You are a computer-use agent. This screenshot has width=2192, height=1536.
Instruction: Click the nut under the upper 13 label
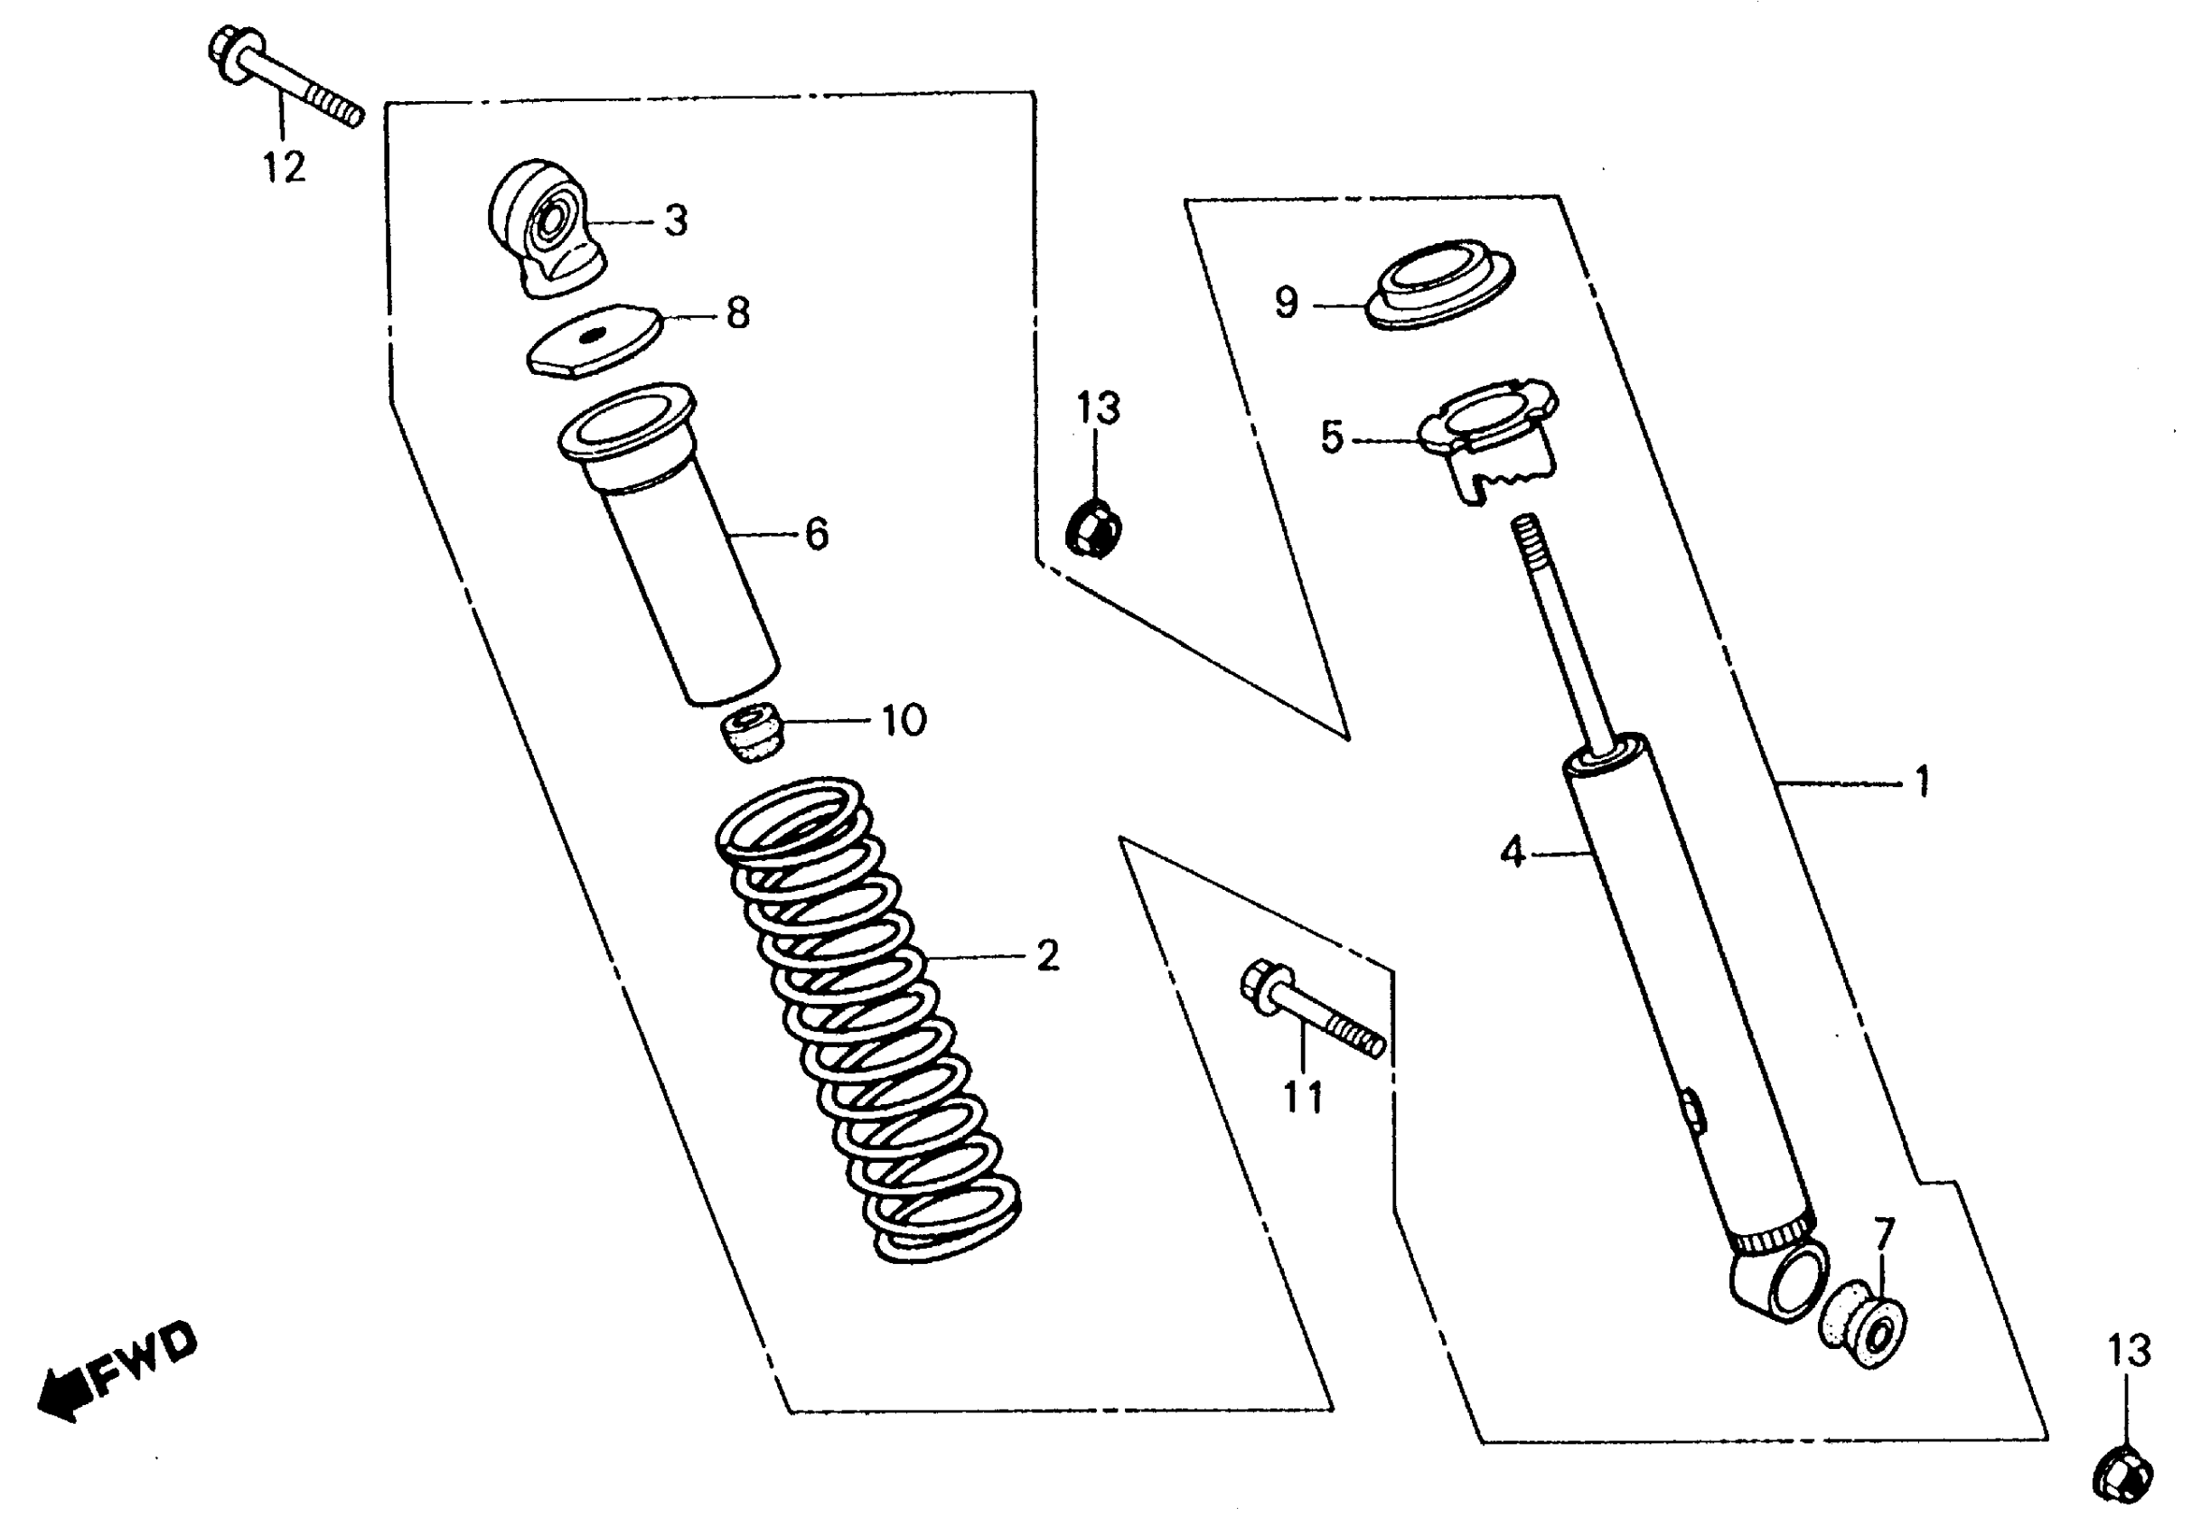tap(1094, 528)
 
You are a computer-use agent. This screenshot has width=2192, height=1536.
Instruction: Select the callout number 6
tap(816, 535)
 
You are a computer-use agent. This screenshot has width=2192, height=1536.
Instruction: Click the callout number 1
tap(1922, 782)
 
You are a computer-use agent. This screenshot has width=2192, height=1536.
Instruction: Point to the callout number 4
tap(1513, 851)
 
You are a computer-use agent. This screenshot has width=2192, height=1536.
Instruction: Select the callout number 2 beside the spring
tap(1047, 956)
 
